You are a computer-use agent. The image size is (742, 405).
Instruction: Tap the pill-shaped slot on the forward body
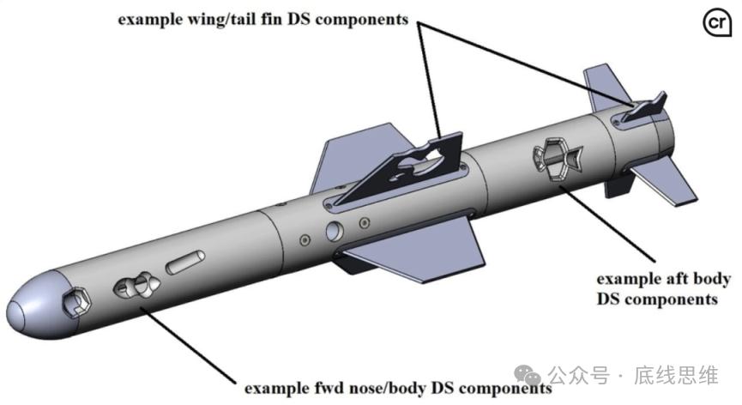pyautogui.click(x=186, y=261)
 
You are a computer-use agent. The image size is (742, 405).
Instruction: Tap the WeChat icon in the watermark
pyautogui.click(x=533, y=374)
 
